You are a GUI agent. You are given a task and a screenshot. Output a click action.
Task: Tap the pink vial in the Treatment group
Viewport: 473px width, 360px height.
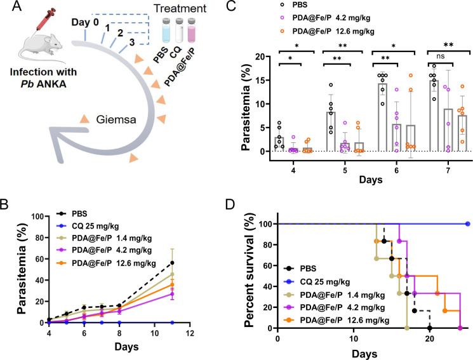(192, 30)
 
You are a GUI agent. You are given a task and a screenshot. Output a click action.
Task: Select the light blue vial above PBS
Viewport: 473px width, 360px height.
(166, 30)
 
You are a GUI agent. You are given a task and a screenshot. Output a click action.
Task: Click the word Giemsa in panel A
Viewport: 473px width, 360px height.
(116, 120)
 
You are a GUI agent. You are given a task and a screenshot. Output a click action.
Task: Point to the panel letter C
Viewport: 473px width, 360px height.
(231, 6)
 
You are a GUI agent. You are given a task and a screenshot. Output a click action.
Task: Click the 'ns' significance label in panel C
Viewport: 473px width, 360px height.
(441, 56)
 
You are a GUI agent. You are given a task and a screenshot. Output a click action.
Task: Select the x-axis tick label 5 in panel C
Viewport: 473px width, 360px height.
(345, 171)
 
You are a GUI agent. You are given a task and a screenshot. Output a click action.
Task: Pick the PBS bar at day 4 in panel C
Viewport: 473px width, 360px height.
(279, 144)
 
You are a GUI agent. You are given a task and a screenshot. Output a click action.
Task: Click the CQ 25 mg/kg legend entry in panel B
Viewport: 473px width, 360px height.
(88, 226)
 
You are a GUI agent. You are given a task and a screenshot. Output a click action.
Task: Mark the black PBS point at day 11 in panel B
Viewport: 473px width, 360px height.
(172, 263)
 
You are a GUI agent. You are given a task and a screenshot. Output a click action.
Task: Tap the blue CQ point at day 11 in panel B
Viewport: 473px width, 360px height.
(172, 323)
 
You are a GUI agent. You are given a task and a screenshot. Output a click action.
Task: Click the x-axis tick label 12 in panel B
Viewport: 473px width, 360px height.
(189, 333)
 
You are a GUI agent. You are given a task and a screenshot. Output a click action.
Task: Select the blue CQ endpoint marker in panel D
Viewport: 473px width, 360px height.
(467, 224)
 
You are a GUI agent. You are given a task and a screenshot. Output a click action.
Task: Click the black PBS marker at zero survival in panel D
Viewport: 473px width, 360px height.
(430, 328)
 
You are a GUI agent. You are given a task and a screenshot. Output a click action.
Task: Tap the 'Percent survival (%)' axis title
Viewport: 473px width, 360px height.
(250, 270)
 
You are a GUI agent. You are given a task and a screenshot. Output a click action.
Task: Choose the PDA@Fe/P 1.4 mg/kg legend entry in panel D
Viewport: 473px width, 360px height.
(335, 295)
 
